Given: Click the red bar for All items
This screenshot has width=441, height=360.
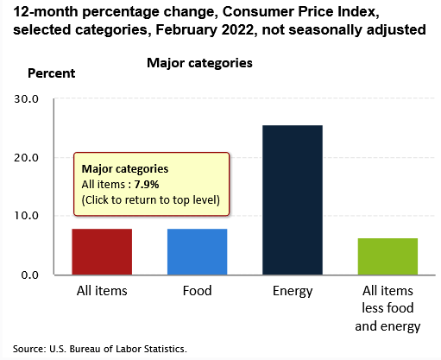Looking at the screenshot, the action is pyautogui.click(x=102, y=252).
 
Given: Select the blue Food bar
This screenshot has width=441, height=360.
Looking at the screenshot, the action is pyautogui.click(x=197, y=252).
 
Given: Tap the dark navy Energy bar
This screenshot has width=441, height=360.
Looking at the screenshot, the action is pyautogui.click(x=293, y=200).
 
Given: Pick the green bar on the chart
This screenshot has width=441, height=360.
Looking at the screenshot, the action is pyautogui.click(x=387, y=256).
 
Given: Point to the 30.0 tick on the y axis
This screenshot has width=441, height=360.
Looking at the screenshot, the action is pyautogui.click(x=26, y=99).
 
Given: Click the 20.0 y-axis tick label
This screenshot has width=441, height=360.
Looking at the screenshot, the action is pyautogui.click(x=26, y=158).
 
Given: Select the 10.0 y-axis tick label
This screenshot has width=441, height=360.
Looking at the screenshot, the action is pyautogui.click(x=26, y=216).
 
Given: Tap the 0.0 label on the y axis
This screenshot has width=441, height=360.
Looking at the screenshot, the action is pyautogui.click(x=29, y=275).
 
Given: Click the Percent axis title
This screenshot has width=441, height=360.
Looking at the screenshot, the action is pyautogui.click(x=51, y=73).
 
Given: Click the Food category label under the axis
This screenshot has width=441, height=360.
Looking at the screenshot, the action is pyautogui.click(x=197, y=291).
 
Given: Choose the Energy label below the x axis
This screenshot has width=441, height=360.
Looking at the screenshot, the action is pyautogui.click(x=293, y=292).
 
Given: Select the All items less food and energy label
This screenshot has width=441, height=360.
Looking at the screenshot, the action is pyautogui.click(x=387, y=308).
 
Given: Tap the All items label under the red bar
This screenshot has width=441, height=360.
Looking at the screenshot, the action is pyautogui.click(x=102, y=291).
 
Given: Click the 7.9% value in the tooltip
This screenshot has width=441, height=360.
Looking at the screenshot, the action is pyautogui.click(x=147, y=185).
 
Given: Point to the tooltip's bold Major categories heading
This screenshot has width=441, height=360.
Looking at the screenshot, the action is pyautogui.click(x=125, y=169).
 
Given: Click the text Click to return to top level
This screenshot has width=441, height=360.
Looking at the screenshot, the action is pyautogui.click(x=151, y=200).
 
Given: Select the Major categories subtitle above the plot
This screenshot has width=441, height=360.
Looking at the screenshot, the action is pyautogui.click(x=199, y=63).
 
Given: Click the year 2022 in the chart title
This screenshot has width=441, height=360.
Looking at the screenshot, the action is pyautogui.click(x=237, y=29).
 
